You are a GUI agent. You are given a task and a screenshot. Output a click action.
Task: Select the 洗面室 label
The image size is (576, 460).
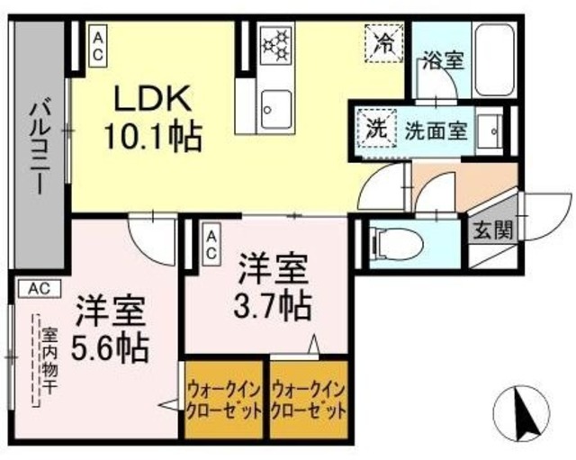pos(435,129)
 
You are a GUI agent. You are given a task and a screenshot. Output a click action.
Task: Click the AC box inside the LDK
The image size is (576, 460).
pos(96,43)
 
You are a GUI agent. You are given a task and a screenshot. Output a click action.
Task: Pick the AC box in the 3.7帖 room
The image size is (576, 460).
pos(211,243)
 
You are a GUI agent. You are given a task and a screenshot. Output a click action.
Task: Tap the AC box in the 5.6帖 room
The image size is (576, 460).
pos(38,289)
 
